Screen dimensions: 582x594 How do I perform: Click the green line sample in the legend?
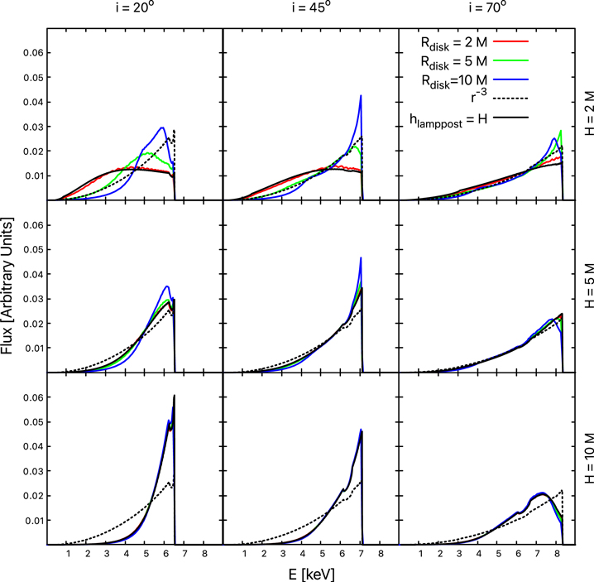(x=509, y=59)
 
